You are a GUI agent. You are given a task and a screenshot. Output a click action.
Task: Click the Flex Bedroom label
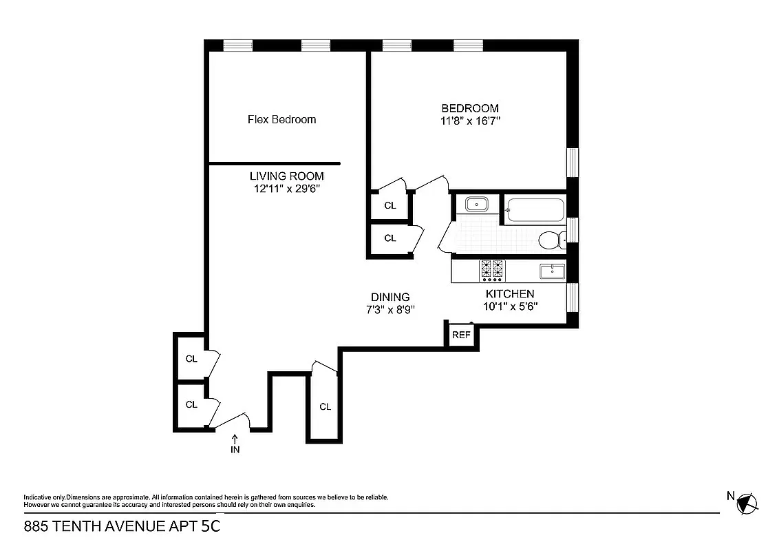click(281, 119)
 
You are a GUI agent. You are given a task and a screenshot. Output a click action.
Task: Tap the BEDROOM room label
click(470, 108)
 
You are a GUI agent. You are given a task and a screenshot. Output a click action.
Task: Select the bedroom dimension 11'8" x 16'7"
click(470, 121)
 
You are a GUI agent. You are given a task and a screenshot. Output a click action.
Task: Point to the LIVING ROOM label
click(286, 176)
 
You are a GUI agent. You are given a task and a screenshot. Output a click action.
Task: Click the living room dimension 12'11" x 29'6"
click(286, 188)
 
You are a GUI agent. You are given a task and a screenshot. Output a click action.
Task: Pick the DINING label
click(391, 297)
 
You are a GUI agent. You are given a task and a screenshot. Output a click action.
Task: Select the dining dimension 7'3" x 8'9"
click(391, 309)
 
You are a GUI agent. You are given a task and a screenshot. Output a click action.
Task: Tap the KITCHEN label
click(510, 293)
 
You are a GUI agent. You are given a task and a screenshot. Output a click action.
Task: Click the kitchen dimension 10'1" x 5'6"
click(510, 306)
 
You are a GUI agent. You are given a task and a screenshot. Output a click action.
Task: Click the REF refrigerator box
click(460, 335)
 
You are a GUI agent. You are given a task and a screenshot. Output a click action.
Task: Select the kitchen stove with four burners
click(492, 271)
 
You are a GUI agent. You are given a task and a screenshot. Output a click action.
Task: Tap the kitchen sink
click(552, 271)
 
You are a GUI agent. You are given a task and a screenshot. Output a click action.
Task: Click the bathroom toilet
click(551, 240)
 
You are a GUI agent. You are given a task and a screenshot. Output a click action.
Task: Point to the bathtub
click(535, 209)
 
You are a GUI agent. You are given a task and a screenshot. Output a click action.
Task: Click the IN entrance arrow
click(235, 444)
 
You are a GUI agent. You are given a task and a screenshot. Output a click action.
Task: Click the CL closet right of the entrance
click(325, 406)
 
